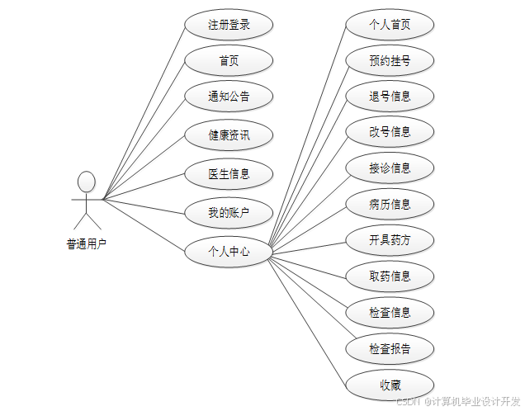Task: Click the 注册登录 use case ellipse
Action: (229, 25)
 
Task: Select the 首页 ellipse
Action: (229, 61)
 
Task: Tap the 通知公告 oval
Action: (229, 97)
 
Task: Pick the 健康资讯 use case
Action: (229, 135)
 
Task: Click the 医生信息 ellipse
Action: (229, 174)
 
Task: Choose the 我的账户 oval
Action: (229, 213)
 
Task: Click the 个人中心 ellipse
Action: (229, 252)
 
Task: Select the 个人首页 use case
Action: (390, 25)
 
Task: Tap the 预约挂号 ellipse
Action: (390, 60)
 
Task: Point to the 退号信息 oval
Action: (390, 96)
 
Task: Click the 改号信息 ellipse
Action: (390, 131)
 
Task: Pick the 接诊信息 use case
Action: (390, 168)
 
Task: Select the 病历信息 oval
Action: (390, 204)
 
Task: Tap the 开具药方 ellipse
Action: (390, 240)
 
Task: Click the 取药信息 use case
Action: (390, 276)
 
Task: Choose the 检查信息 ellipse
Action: (390, 312)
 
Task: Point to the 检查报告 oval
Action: (390, 348)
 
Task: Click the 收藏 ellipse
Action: (390, 385)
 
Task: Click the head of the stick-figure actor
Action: (87, 181)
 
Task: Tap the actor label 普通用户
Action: (87, 243)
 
